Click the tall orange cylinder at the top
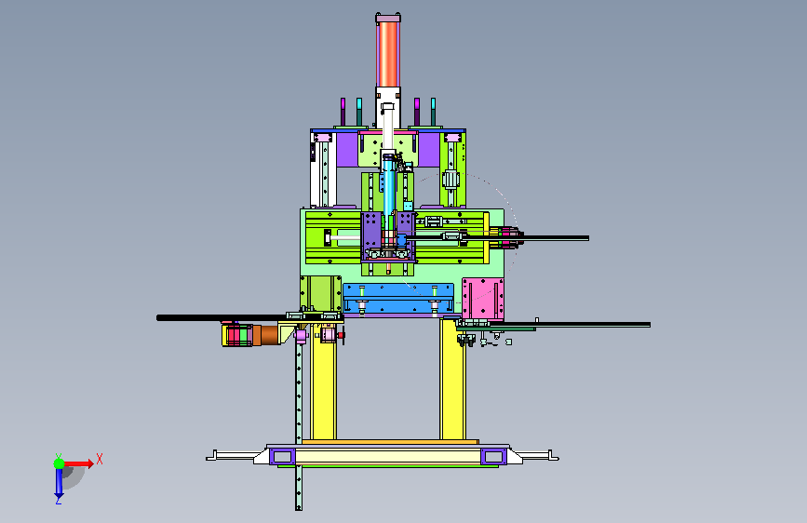[388, 54]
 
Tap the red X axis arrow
[78, 463]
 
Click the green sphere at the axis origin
[60, 463]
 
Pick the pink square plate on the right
[483, 299]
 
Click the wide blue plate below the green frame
[398, 298]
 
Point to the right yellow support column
[453, 380]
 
